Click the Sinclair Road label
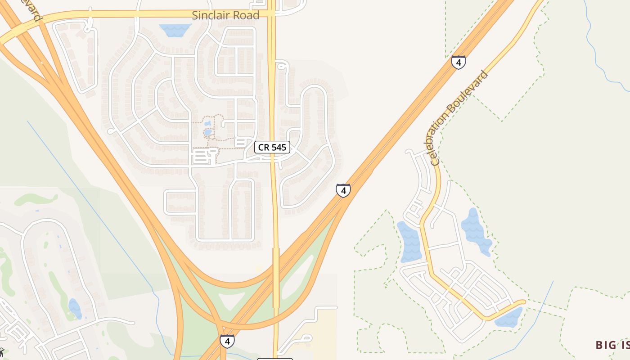click(225, 15)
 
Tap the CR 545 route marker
click(272, 147)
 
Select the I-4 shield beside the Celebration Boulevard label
click(458, 62)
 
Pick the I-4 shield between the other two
click(343, 190)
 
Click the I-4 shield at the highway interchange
click(227, 341)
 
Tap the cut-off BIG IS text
click(612, 345)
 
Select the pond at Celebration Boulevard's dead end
click(508, 318)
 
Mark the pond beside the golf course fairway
click(75, 309)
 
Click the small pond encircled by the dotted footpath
click(207, 132)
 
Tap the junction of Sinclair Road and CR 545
click(271, 14)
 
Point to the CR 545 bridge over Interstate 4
click(276, 277)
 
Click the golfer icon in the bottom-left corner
click(2, 352)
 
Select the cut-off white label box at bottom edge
click(274, 359)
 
